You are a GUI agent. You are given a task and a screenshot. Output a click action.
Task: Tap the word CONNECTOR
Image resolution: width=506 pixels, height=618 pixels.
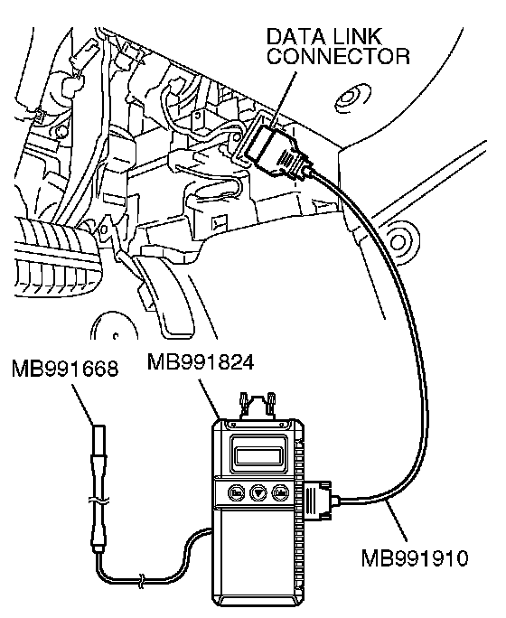tap(339, 56)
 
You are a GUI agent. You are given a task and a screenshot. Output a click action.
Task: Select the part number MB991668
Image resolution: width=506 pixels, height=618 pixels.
tap(65, 369)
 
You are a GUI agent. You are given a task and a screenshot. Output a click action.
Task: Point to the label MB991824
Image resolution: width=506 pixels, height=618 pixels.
tap(201, 361)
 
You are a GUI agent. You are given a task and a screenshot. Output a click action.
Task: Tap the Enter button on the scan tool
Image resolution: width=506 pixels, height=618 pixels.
tap(280, 492)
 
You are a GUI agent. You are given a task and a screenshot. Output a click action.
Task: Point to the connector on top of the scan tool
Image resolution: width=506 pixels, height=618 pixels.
tap(258, 405)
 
